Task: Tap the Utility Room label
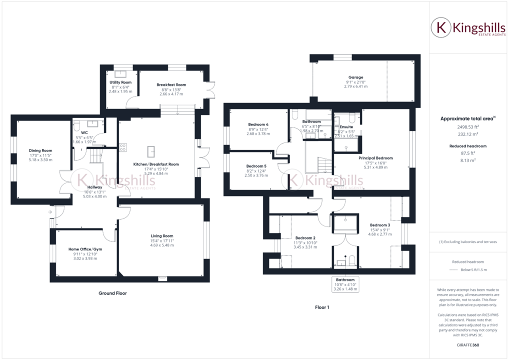tap(120, 82)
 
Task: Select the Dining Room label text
tap(40, 150)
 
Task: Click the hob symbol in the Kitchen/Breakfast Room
tap(122, 147)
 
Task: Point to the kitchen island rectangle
tap(151, 150)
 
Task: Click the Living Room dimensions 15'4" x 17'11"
tap(162, 241)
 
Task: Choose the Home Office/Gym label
tap(85, 248)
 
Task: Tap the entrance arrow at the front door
tap(51, 212)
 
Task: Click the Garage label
tap(356, 77)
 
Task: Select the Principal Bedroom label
tap(375, 158)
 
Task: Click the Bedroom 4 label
tap(258, 124)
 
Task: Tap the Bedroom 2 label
tap(305, 237)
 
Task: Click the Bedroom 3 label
tap(379, 225)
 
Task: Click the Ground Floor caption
tap(112, 293)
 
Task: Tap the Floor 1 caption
tap(321, 307)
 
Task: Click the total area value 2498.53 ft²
tap(467, 127)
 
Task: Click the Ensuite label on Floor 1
tap(346, 126)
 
